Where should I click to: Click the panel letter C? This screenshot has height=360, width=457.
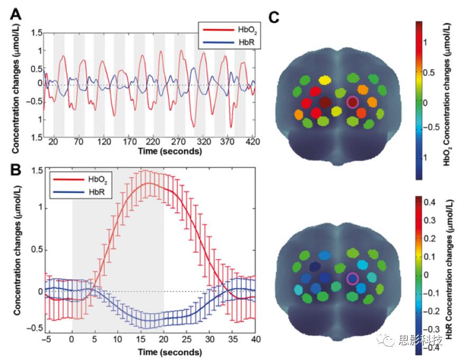pos(273,17)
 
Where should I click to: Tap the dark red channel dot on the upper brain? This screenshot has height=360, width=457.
pos(325,101)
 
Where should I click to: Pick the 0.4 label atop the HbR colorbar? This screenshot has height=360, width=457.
pos(430,202)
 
